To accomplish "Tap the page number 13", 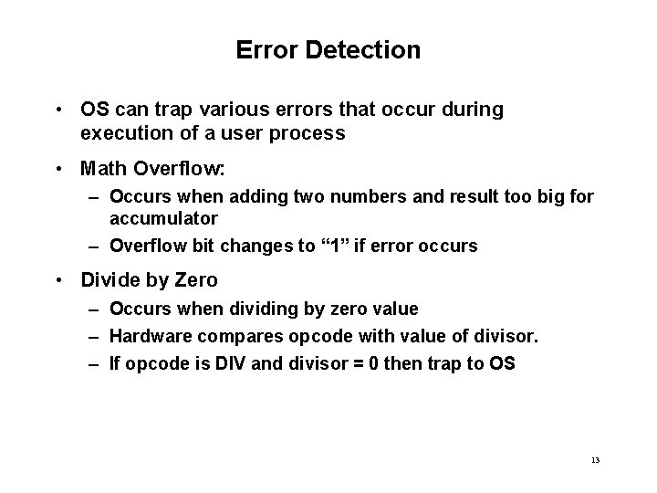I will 595,459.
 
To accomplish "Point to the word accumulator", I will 163,218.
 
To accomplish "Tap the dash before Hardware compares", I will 95,336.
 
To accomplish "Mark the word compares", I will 239,336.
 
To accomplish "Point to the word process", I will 312,133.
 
